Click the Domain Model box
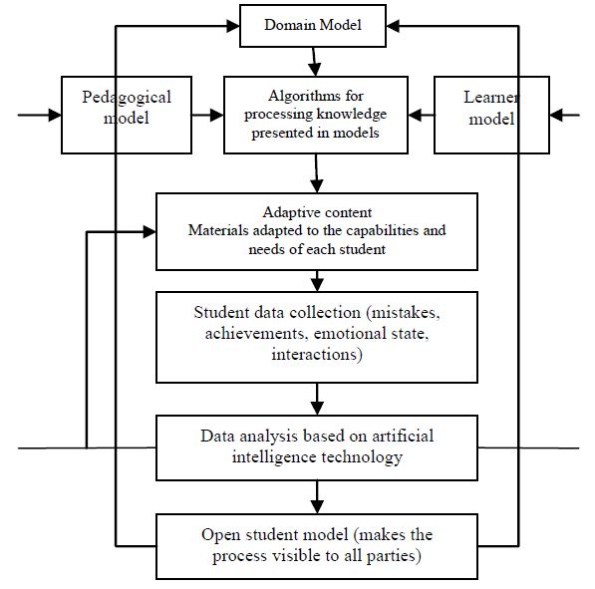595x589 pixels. pos(313,26)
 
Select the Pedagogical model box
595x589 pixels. pos(127,115)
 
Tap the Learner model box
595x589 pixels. pos(491,115)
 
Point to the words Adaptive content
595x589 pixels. pos(317,212)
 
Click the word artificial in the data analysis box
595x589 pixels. pos(403,437)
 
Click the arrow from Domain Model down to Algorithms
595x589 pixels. pos(314,62)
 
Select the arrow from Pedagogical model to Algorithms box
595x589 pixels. pos(207,115)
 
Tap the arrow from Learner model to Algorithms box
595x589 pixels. pos(422,115)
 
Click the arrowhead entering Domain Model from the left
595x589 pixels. pos(233,26)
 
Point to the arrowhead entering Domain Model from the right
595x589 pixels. pos(393,26)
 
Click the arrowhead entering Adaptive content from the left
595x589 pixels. pos(149,231)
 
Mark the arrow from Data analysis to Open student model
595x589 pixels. pos(317,497)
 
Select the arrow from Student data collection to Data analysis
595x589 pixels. pos(317,400)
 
